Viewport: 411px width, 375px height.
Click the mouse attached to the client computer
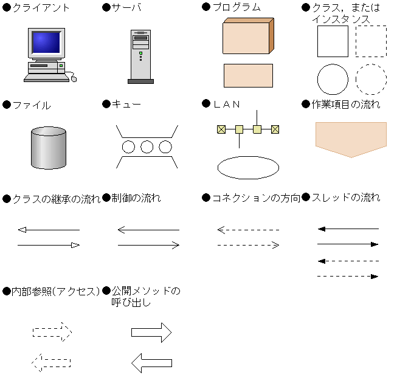coord(74,78)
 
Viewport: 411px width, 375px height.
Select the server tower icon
coord(140,56)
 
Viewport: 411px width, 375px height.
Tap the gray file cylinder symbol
coord(49,148)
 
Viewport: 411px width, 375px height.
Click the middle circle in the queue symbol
coord(147,146)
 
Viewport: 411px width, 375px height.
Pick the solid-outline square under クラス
coord(333,41)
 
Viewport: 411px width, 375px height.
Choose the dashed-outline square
coord(371,41)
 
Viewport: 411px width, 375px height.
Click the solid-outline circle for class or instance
coord(333,79)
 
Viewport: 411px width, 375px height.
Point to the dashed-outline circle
coord(371,79)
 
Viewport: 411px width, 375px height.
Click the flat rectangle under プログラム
coord(248,75)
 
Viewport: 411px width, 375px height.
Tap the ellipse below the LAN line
coord(248,167)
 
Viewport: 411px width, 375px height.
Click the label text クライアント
coord(41,8)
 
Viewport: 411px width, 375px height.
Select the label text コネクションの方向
coord(255,198)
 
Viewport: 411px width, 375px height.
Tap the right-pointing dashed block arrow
coord(52,332)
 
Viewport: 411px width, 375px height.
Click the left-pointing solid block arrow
coord(151,363)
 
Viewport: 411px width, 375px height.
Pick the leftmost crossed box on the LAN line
coord(221,129)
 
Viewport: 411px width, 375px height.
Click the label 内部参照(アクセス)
coord(55,291)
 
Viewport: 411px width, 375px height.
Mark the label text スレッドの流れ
coord(345,198)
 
